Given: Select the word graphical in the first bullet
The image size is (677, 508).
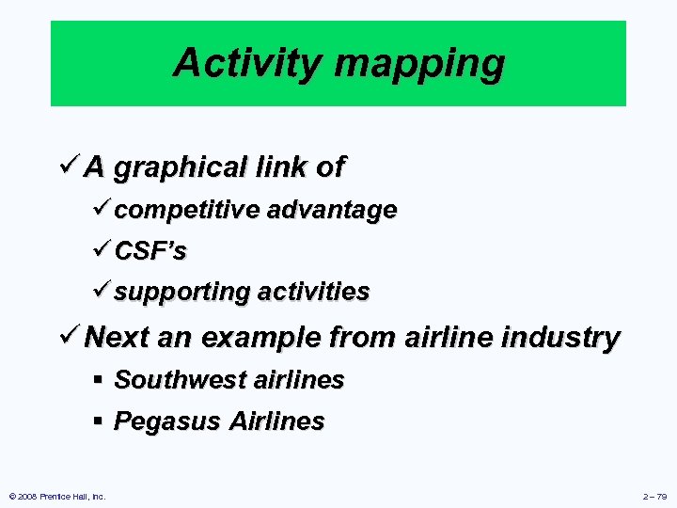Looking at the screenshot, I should tap(180, 167).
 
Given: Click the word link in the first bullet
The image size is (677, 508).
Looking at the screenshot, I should tap(281, 167).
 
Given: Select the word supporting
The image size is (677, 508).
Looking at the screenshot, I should tap(181, 292).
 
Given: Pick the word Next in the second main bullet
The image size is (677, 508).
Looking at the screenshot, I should tap(116, 337).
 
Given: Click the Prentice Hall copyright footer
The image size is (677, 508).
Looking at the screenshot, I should tap(56, 496).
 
